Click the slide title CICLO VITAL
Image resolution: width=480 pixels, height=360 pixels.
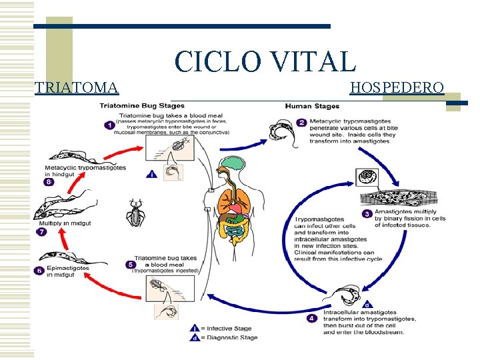click(265, 61)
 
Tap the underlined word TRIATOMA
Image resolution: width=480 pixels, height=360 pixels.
click(77, 87)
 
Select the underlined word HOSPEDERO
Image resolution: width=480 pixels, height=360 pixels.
click(397, 87)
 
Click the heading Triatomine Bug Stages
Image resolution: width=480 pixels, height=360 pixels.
click(143, 106)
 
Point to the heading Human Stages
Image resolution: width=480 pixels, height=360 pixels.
click(312, 106)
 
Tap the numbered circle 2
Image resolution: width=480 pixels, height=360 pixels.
click(301, 123)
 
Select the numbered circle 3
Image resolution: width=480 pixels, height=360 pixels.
click(367, 214)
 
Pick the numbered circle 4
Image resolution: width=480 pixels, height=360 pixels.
click(312, 319)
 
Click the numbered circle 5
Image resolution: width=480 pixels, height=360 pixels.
click(131, 265)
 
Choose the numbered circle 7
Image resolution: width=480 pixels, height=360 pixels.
click(41, 231)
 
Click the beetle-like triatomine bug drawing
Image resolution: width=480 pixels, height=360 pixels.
click(137, 214)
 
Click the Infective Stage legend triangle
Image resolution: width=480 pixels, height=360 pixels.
click(195, 328)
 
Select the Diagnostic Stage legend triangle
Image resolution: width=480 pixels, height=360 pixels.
click(195, 337)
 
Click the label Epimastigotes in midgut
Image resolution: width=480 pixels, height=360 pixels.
click(67, 271)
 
